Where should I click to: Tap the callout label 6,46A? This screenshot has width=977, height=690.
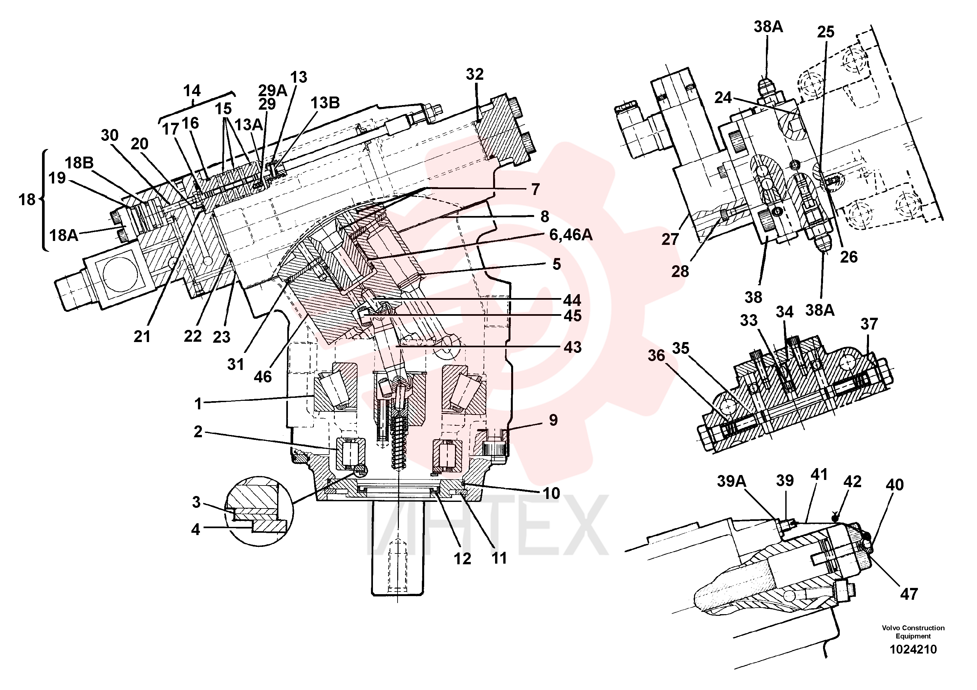click(x=571, y=235)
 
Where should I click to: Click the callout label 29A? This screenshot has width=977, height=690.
click(x=273, y=91)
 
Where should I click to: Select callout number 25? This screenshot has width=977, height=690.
click(x=826, y=32)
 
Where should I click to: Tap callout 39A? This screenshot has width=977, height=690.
click(x=731, y=481)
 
